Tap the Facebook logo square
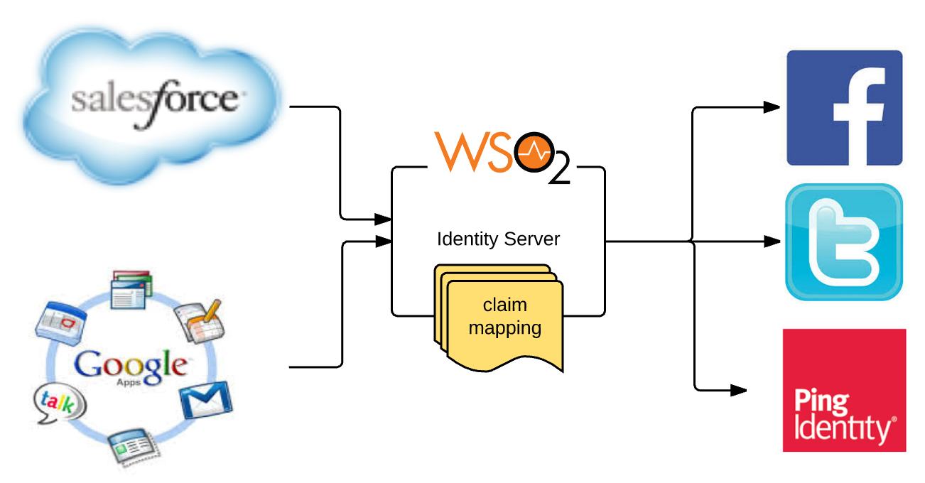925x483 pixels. pyautogui.click(x=844, y=108)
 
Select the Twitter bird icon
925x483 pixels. pyautogui.click(x=844, y=241)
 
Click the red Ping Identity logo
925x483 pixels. pyautogui.click(x=844, y=390)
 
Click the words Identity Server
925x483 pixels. pyautogui.click(x=498, y=239)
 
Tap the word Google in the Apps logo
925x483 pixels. pyautogui.click(x=131, y=364)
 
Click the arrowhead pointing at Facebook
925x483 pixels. pyautogui.click(x=772, y=108)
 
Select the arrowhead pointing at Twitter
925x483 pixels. pyautogui.click(x=772, y=241)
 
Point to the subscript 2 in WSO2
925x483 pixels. pyautogui.click(x=559, y=173)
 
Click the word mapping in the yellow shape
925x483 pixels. pyautogui.click(x=504, y=328)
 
